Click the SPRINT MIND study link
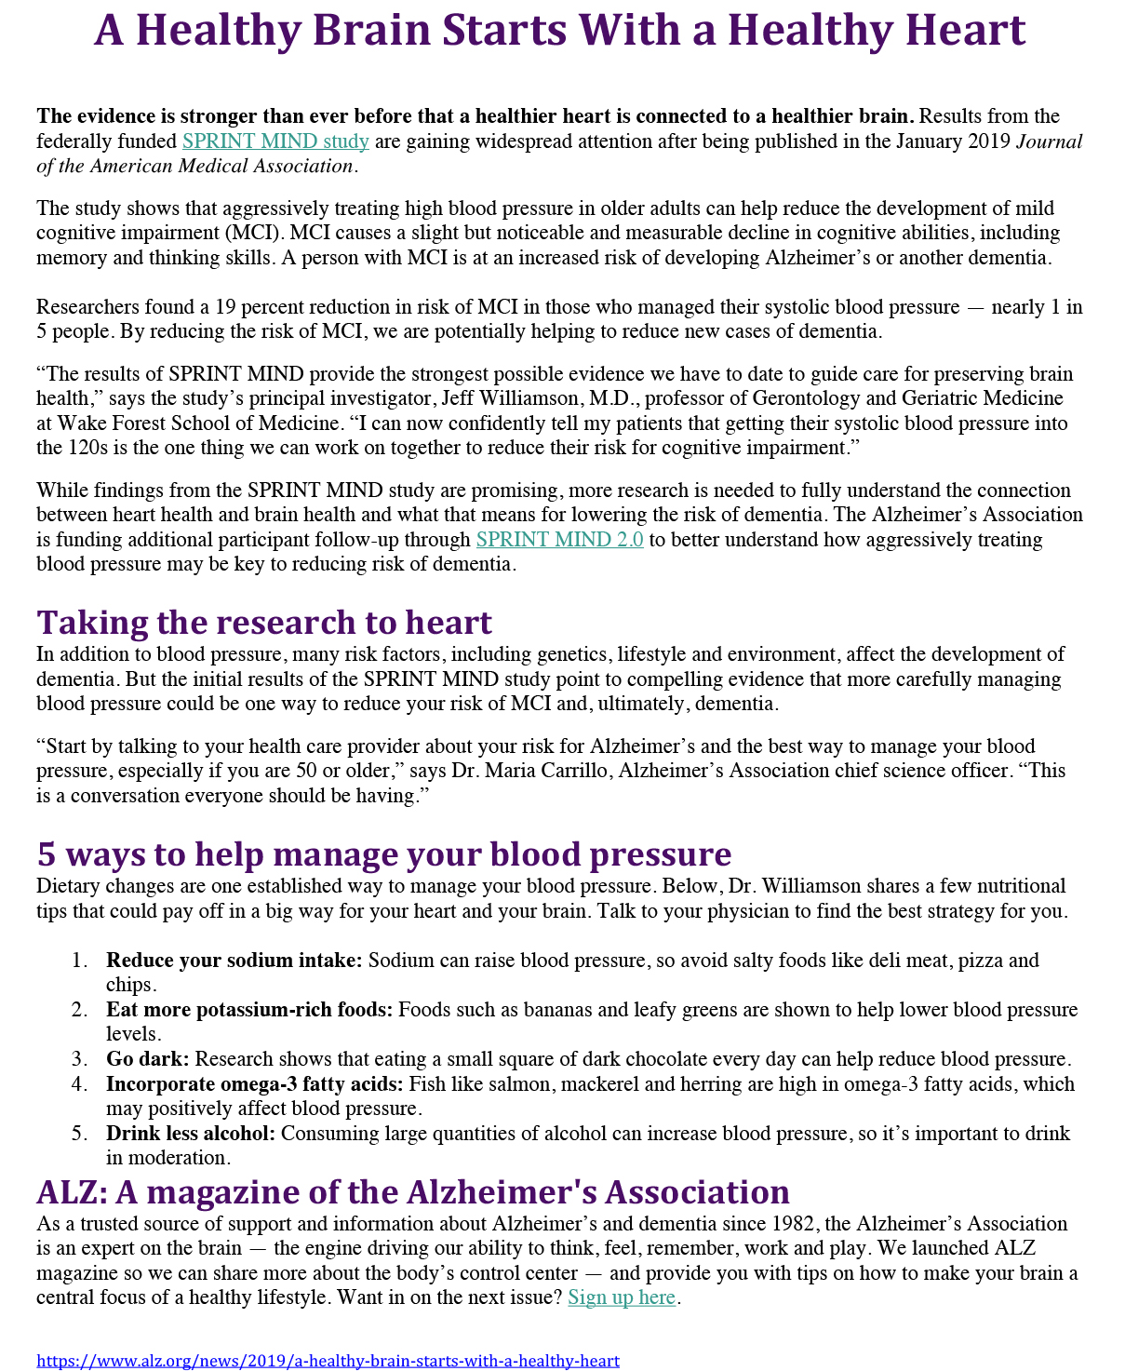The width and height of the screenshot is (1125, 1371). pos(275,141)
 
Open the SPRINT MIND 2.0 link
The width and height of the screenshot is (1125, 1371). pos(559,540)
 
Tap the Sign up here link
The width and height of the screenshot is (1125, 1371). pos(622,1297)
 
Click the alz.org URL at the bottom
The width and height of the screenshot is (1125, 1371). pos(328,1361)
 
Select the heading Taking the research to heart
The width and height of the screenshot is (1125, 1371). pos(264,622)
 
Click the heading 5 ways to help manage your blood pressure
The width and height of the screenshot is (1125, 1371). pos(383,854)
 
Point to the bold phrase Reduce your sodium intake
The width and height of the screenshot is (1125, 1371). pos(234,961)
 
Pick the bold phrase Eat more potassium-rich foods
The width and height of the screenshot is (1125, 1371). pos(249,1010)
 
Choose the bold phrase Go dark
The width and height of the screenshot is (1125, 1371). pos(147,1059)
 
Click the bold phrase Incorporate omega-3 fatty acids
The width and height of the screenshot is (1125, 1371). pos(254,1084)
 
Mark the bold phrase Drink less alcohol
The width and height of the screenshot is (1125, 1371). pos(191,1134)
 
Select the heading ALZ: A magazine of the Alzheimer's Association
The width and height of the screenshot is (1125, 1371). pos(412,1192)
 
